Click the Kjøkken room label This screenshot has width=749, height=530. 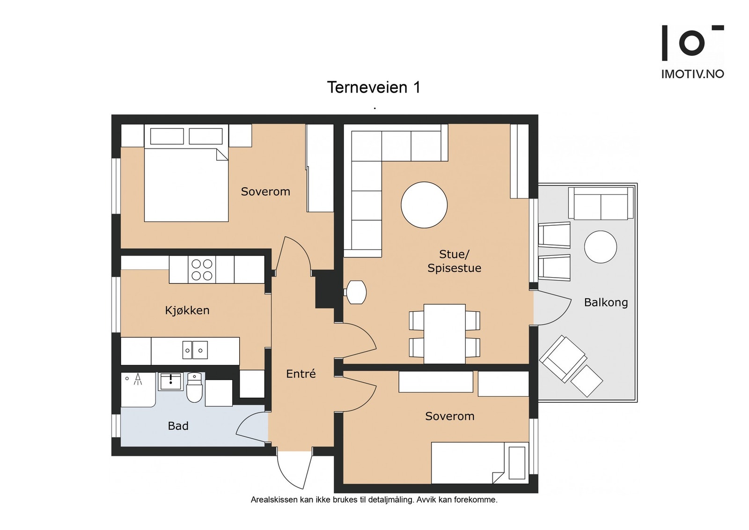[187, 310]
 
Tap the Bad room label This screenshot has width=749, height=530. [178, 426]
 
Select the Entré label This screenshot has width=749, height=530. [301, 374]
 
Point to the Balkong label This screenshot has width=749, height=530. [606, 302]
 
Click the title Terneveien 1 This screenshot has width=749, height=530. [374, 87]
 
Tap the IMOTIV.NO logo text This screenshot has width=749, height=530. [693, 74]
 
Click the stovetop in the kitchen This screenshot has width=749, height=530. [202, 270]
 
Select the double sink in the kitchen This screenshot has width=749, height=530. [195, 350]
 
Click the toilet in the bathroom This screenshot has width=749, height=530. [194, 387]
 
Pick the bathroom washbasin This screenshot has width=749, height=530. [170, 382]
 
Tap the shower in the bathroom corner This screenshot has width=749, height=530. [138, 390]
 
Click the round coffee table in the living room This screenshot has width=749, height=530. [424, 205]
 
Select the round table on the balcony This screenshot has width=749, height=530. [601, 247]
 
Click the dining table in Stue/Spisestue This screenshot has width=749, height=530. [444, 333]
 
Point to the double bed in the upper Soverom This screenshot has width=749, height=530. [186, 173]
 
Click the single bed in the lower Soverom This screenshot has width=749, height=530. [480, 463]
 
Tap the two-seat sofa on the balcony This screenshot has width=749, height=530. [601, 203]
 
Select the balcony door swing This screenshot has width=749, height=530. [552, 308]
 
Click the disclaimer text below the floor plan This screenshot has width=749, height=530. [374, 500]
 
